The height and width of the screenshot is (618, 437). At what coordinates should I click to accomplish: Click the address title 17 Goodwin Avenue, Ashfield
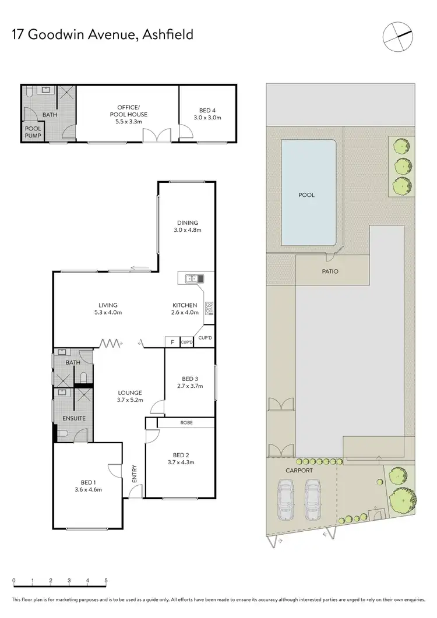[x=103, y=34]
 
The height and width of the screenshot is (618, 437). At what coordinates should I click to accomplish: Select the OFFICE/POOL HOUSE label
[x=128, y=111]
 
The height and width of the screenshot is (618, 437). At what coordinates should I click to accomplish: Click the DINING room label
[x=188, y=223]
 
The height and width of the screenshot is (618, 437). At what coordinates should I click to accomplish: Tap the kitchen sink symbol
[x=192, y=279]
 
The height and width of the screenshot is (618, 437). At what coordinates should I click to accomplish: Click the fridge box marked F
[x=172, y=342]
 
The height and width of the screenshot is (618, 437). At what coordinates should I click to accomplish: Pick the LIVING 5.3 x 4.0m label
[x=108, y=305]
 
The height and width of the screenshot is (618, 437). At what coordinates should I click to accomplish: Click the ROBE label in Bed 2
[x=186, y=423]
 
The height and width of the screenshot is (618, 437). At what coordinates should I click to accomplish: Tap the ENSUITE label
[x=75, y=418]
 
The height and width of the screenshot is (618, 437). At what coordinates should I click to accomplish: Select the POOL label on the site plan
[x=306, y=195]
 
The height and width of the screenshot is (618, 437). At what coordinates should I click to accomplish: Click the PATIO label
[x=329, y=271]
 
